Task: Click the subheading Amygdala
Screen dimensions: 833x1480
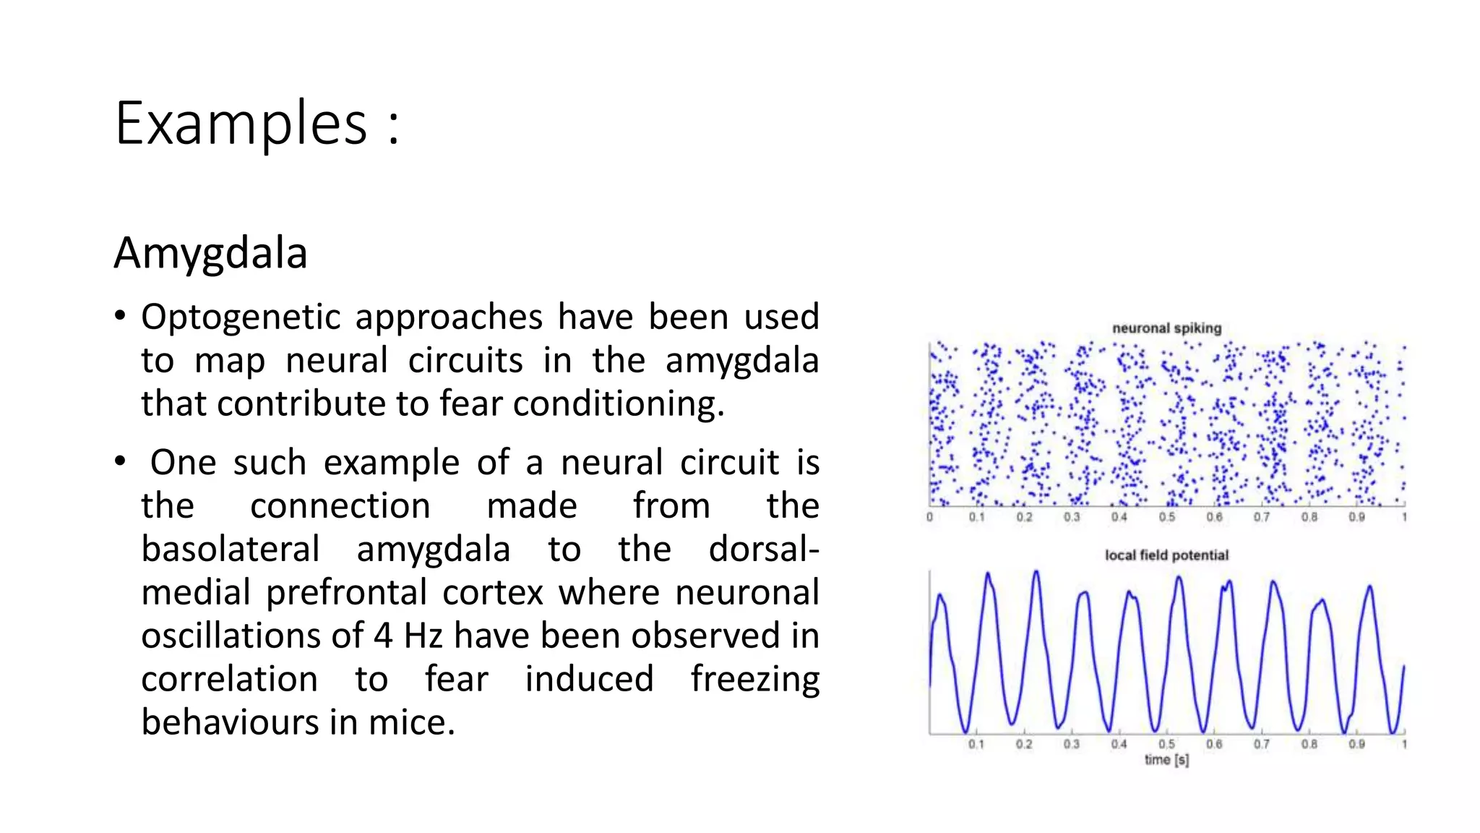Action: pyautogui.click(x=210, y=253)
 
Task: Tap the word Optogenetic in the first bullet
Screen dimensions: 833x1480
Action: pyautogui.click(x=240, y=317)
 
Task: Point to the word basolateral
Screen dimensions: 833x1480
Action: pyautogui.click(x=230, y=549)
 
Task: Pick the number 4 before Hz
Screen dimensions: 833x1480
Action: pyautogui.click(x=383, y=636)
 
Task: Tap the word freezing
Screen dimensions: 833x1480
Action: pyautogui.click(x=754, y=680)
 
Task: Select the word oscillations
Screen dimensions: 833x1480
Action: pyautogui.click(x=249, y=636)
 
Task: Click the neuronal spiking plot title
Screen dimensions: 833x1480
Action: pyautogui.click(x=1166, y=328)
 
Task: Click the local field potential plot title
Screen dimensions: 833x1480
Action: pyautogui.click(x=1166, y=555)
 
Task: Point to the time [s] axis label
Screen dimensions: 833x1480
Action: pyautogui.click(x=1166, y=759)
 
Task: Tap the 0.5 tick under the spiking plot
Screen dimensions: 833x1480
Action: pyautogui.click(x=1166, y=517)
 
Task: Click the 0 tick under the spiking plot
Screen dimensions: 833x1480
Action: pyautogui.click(x=929, y=517)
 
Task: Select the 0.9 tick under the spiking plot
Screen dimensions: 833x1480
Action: pyautogui.click(x=1356, y=517)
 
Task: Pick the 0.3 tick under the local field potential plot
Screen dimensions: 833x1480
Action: pyautogui.click(x=1071, y=744)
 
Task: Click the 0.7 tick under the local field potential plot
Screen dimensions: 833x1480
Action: pyautogui.click(x=1261, y=744)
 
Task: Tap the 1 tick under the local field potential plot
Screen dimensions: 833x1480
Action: pyautogui.click(x=1404, y=744)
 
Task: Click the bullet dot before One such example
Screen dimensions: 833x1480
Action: pyautogui.click(x=120, y=461)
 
